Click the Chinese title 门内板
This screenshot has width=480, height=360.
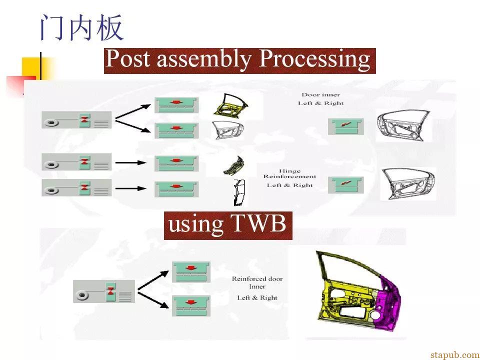coord(81,28)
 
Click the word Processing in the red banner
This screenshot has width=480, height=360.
coord(314,60)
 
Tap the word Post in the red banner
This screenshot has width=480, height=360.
coord(130,60)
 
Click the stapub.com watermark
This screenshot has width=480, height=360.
coord(454,354)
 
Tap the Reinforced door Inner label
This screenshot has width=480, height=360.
coord(257,283)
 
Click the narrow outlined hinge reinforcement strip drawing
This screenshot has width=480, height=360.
coord(239,192)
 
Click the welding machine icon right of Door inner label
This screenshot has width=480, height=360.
coord(345,126)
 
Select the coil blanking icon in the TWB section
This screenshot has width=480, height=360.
coord(103,291)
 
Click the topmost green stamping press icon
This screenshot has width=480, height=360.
coord(176,105)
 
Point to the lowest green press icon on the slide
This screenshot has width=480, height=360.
coord(191,305)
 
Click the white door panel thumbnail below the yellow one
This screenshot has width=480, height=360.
coord(228,129)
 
